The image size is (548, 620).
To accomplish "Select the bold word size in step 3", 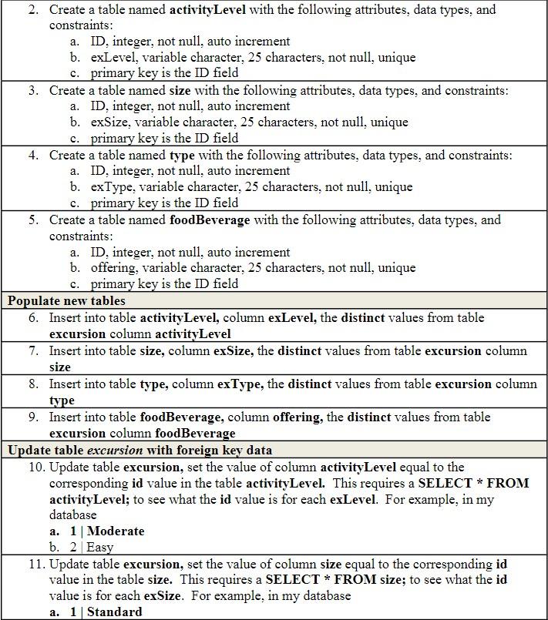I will [180, 90].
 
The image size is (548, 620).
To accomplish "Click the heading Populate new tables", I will [66, 300].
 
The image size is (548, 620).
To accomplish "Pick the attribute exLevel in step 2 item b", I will [110, 57].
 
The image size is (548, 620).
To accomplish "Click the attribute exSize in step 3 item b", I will [108, 122].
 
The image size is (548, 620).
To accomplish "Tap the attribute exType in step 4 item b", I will [109, 186].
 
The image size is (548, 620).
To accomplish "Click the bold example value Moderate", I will [116, 531].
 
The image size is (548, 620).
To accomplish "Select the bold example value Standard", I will [116, 612].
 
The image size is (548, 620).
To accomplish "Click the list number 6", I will [33, 317].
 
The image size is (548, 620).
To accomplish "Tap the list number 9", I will [33, 417].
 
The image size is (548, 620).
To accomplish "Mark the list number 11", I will [36, 563].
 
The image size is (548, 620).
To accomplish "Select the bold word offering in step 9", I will [297, 417].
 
